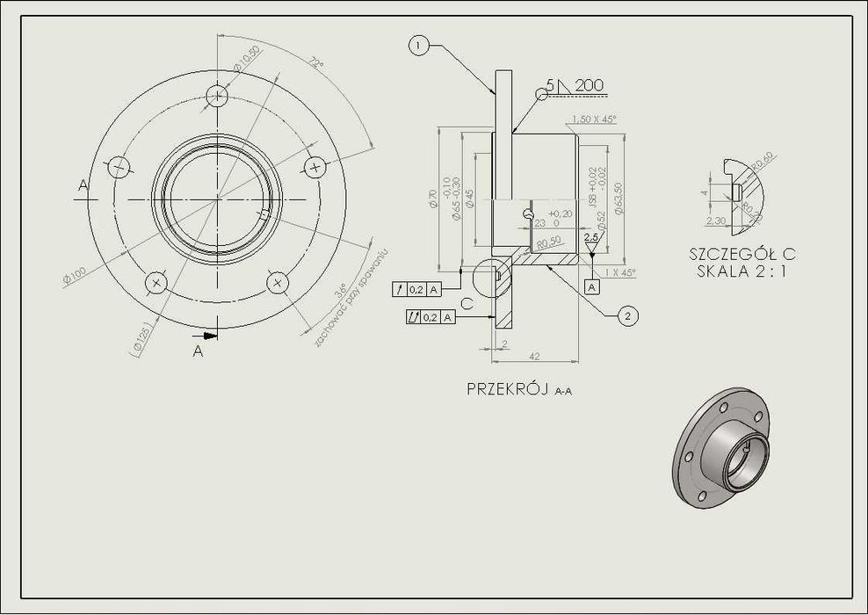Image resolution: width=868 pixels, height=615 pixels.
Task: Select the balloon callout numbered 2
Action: click(627, 315)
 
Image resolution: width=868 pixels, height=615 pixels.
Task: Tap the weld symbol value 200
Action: click(590, 85)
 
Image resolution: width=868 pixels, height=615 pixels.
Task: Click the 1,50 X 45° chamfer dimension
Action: click(593, 119)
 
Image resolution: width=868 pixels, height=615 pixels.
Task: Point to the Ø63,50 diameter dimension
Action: click(619, 199)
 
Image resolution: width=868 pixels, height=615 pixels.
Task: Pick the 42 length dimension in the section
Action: click(534, 356)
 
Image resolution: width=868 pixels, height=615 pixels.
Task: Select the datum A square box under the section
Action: click(592, 286)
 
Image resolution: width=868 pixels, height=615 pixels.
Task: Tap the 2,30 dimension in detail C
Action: click(715, 221)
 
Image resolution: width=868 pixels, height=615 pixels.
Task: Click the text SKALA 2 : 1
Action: click(741, 271)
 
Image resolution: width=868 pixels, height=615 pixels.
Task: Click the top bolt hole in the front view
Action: click(218, 95)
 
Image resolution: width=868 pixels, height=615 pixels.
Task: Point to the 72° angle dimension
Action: click(315, 63)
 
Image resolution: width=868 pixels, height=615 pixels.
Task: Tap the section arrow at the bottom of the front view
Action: click(207, 335)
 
